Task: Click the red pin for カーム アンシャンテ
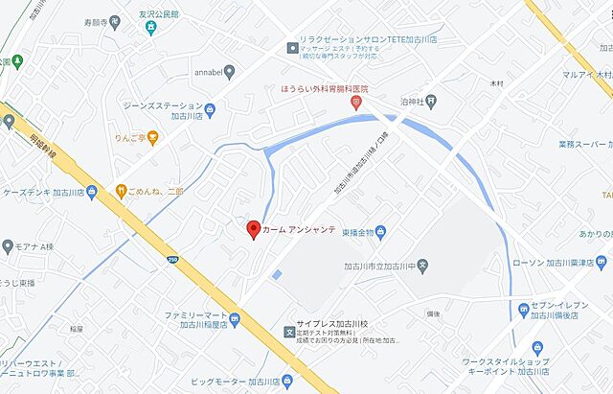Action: (253, 229)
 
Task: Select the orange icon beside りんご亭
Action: (152, 137)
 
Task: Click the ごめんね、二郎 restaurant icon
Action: (122, 189)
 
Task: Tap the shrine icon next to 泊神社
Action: (432, 99)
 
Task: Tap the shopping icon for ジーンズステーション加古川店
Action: (209, 109)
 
